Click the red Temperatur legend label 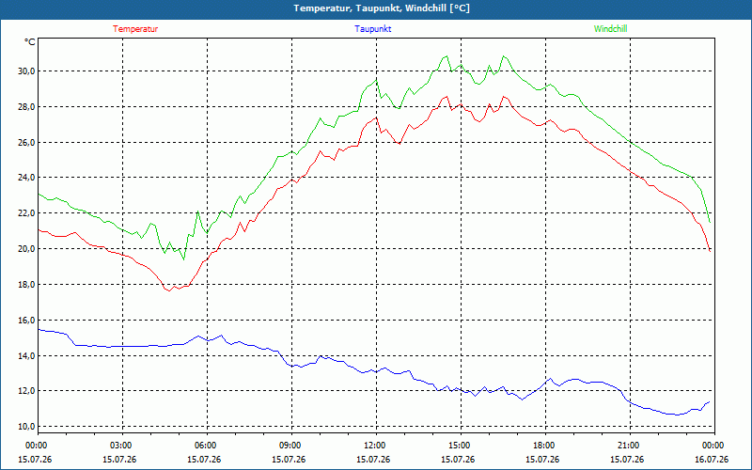pyautogui.click(x=135, y=29)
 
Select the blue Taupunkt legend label pyautogui.click(x=372, y=29)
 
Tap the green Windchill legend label pyautogui.click(x=610, y=29)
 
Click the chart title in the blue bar pyautogui.click(x=382, y=8)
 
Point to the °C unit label pyautogui.click(x=30, y=42)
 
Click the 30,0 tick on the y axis pyautogui.click(x=27, y=71)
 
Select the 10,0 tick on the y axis pyautogui.click(x=27, y=427)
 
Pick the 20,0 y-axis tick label pyautogui.click(x=27, y=248)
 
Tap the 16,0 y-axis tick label pyautogui.click(x=27, y=320)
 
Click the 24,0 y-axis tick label pyautogui.click(x=27, y=178)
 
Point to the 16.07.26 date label pyautogui.click(x=712, y=460)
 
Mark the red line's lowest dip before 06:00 pyautogui.click(x=169, y=290)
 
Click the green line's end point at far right pyautogui.click(x=710, y=222)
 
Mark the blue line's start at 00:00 pyautogui.click(x=39, y=330)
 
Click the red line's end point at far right pyautogui.click(x=710, y=251)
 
